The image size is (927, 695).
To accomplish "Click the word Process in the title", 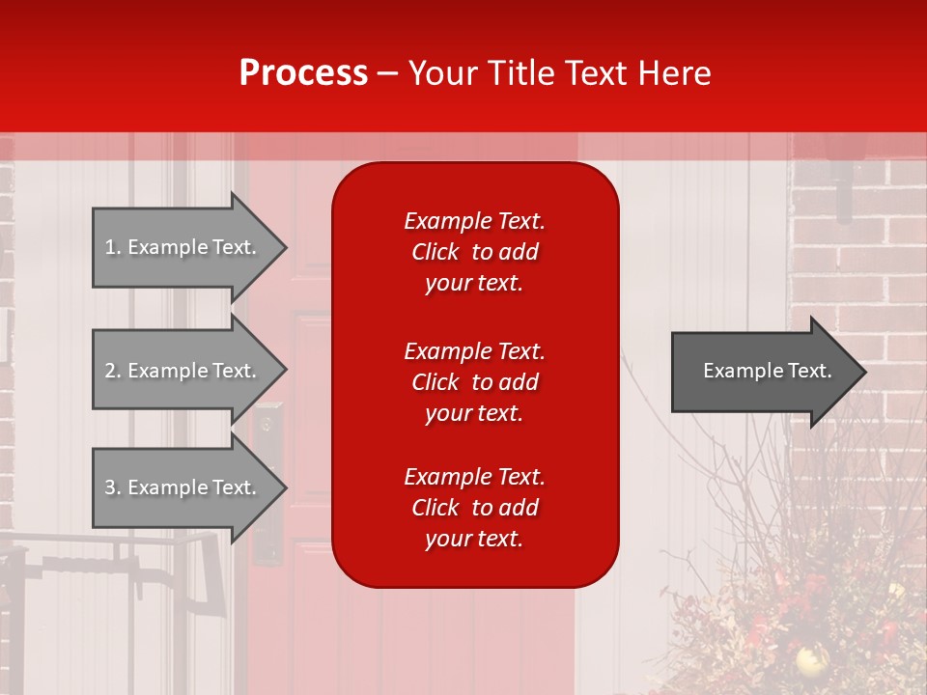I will pos(303,73).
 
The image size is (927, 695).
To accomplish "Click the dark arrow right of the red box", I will pos(763,371).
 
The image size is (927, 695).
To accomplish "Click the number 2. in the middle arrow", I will pos(112,371).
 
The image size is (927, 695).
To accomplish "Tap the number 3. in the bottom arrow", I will pos(112,487).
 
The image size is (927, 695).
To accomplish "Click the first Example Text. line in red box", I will pos(474,221).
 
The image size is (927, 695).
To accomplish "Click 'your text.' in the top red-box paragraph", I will pos(474,283).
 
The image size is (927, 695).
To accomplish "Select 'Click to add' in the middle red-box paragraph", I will pos(474,382).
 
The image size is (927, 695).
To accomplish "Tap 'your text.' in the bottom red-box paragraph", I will pos(474,539).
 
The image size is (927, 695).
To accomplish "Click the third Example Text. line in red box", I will pos(474,477).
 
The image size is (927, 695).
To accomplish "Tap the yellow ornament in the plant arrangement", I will pos(806,660).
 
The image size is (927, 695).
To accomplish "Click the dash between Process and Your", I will pos(388,73).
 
